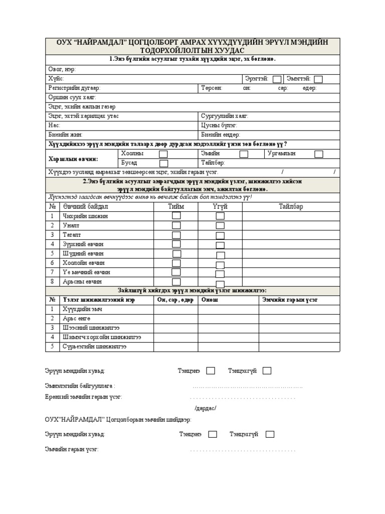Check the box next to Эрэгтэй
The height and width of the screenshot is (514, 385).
tap(277, 79)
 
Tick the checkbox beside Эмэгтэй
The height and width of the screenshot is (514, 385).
tap(318, 79)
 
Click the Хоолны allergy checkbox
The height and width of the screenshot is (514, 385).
tap(163, 154)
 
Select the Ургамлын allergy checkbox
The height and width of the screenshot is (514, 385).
tap(318, 154)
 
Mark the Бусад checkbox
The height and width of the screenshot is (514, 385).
tap(163, 163)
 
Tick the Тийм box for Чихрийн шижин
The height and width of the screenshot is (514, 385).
tap(176, 216)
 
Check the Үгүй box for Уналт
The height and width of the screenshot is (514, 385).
tap(220, 225)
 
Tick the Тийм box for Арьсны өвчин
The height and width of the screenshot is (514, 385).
tap(176, 282)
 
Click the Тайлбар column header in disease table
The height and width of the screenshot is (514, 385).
tap(291, 206)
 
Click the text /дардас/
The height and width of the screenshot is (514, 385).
tap(205, 408)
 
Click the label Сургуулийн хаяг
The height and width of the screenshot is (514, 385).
tap(224, 116)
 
